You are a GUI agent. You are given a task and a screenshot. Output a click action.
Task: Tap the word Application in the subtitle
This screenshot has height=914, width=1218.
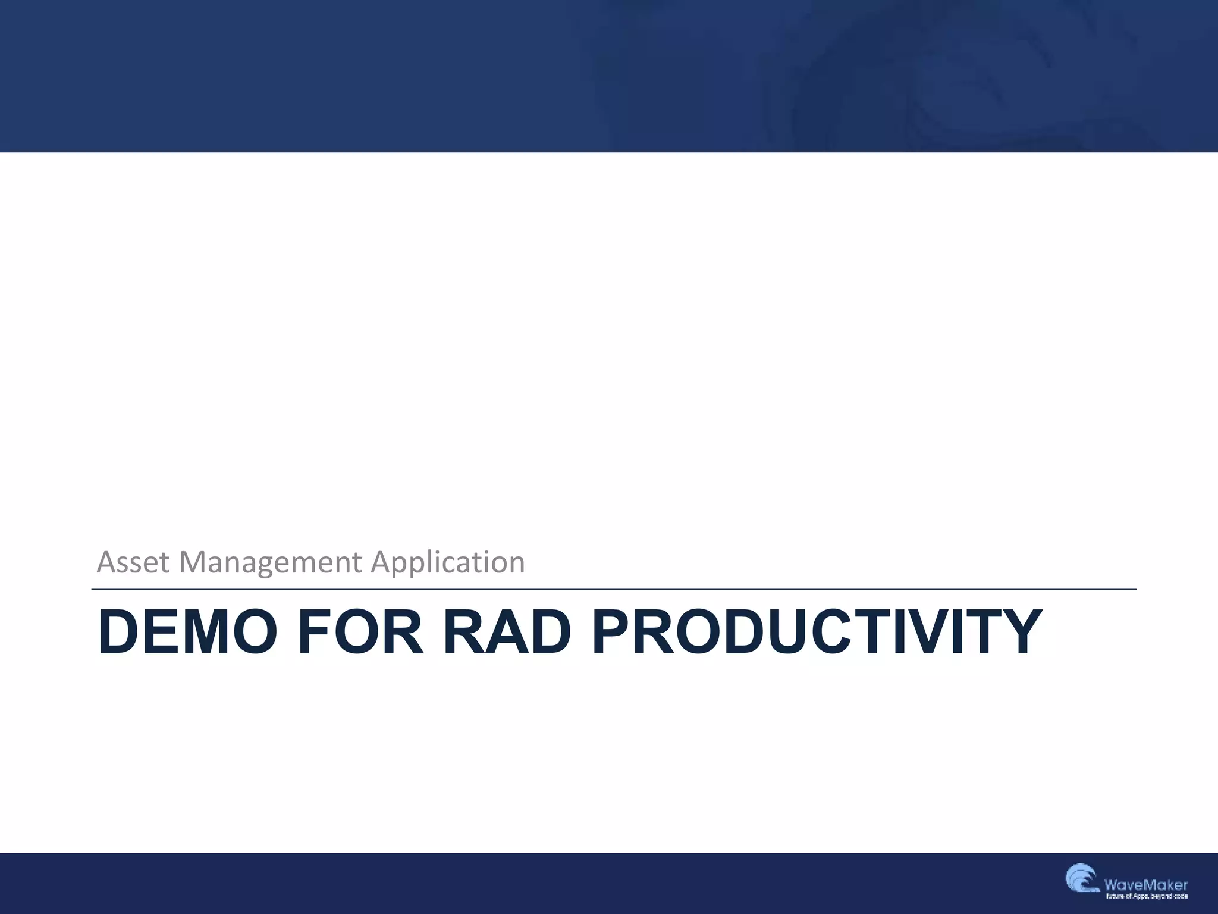point(448,562)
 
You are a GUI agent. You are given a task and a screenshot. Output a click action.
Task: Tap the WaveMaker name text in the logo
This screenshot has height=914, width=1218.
point(1145,885)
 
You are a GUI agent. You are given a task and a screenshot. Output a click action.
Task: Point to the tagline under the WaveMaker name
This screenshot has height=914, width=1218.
point(1146,896)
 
